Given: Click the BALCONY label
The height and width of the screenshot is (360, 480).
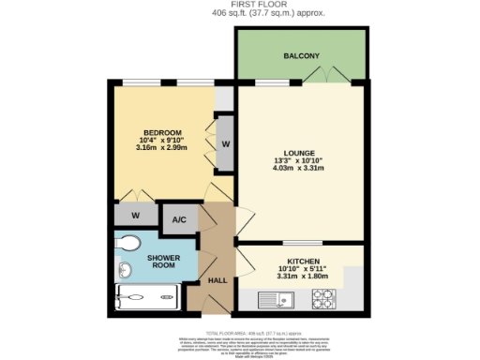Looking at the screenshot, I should pyautogui.click(x=301, y=56).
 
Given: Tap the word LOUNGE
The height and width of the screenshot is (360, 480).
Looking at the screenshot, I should pyautogui.click(x=299, y=153).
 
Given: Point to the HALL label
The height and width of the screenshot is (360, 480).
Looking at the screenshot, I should pyautogui.click(x=217, y=279).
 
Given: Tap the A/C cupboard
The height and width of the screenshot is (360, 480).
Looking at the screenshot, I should pyautogui.click(x=177, y=220).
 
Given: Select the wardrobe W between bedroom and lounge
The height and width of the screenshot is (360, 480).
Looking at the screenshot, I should pyautogui.click(x=225, y=143).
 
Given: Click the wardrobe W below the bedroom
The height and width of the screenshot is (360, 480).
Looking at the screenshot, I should pyautogui.click(x=136, y=215).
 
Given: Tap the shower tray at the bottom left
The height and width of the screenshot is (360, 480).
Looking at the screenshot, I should pyautogui.click(x=146, y=300).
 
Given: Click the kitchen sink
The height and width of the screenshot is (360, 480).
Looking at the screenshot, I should pyautogui.click(x=279, y=300).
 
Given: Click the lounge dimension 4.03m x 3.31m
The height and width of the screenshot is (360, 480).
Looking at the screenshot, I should pyautogui.click(x=299, y=170).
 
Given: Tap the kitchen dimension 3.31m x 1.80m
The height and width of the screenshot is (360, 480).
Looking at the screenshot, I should pyautogui.click(x=299, y=277).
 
